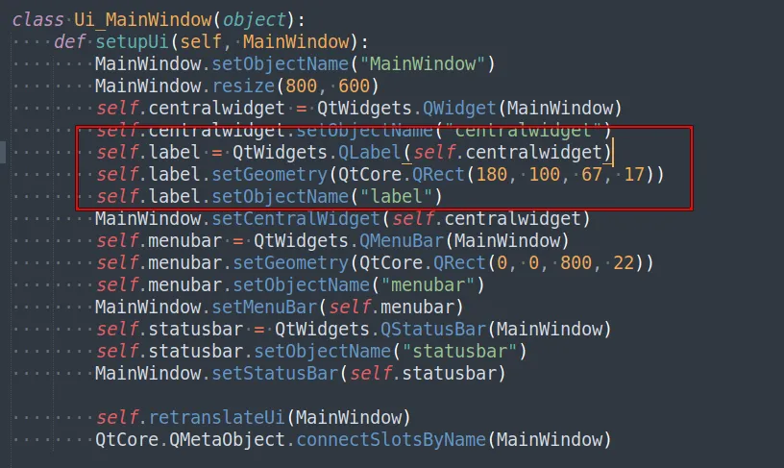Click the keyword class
point(38,20)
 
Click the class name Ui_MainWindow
point(143,20)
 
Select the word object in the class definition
point(254,20)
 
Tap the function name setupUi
point(132,42)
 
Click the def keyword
point(69,42)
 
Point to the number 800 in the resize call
point(301,86)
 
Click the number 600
point(354,86)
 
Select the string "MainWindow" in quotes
point(423,64)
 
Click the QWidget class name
point(459,108)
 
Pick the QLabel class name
point(370,152)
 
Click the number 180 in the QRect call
point(492,175)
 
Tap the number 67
point(592,175)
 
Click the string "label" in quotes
point(396,196)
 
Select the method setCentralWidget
point(296,218)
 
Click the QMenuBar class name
point(402,240)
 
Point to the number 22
point(624,262)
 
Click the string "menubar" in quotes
point(428,285)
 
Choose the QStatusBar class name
point(433,329)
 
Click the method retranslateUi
point(216,417)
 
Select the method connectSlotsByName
point(391,439)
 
